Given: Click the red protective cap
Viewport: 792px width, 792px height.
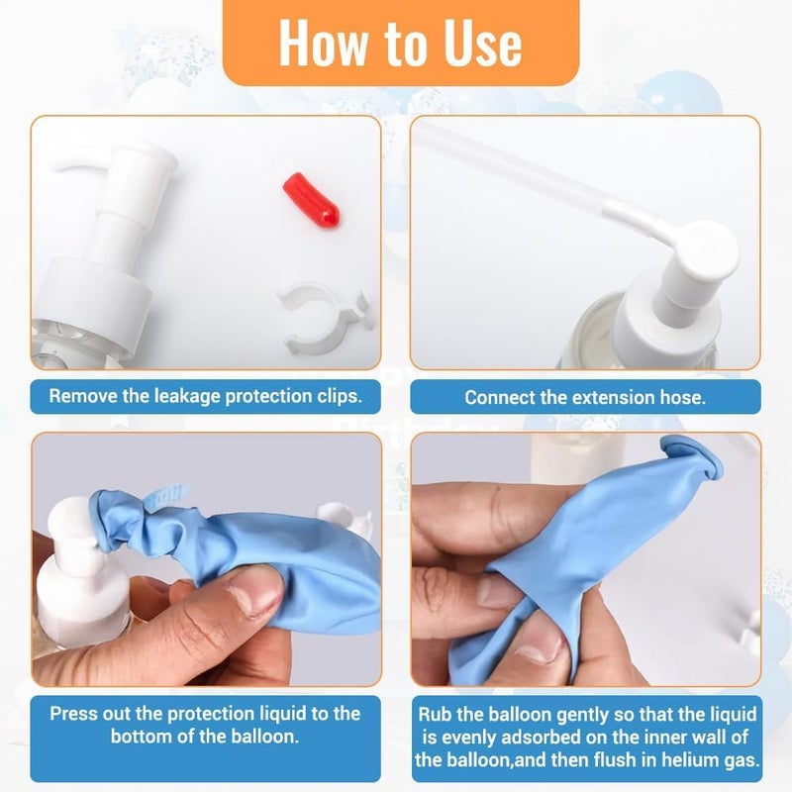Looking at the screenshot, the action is click(311, 200).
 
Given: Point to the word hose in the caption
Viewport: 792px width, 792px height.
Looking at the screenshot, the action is click(682, 398).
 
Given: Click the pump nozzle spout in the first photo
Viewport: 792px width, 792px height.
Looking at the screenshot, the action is click(81, 161).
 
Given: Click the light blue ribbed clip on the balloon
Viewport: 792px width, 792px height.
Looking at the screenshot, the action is click(166, 498).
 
